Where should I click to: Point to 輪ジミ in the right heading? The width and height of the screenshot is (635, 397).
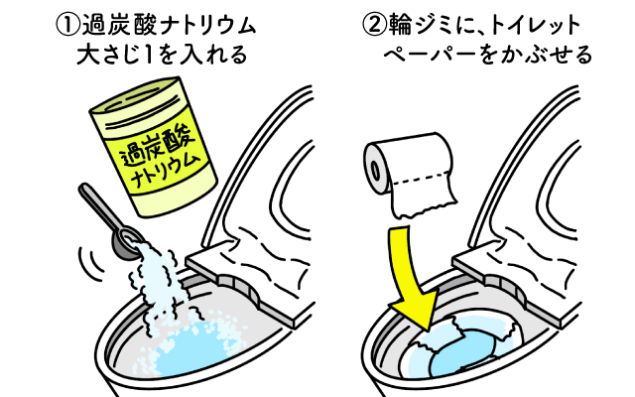pos(416,21)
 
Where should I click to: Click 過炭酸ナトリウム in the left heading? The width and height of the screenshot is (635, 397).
pos(169,21)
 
